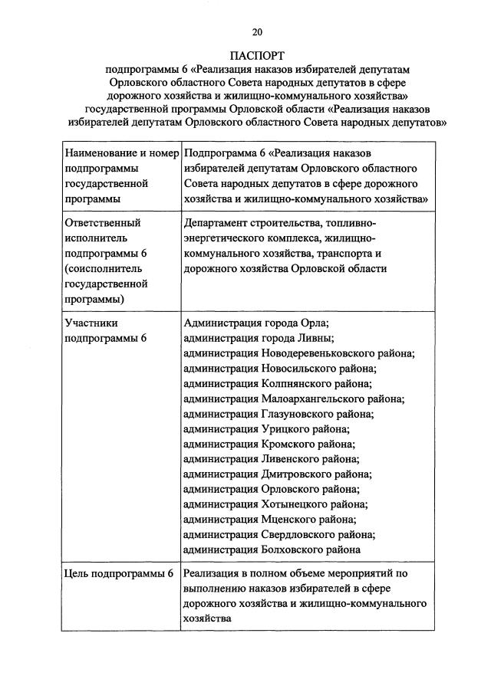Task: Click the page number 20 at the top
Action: click(257, 31)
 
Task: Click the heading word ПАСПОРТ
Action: click(257, 56)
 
